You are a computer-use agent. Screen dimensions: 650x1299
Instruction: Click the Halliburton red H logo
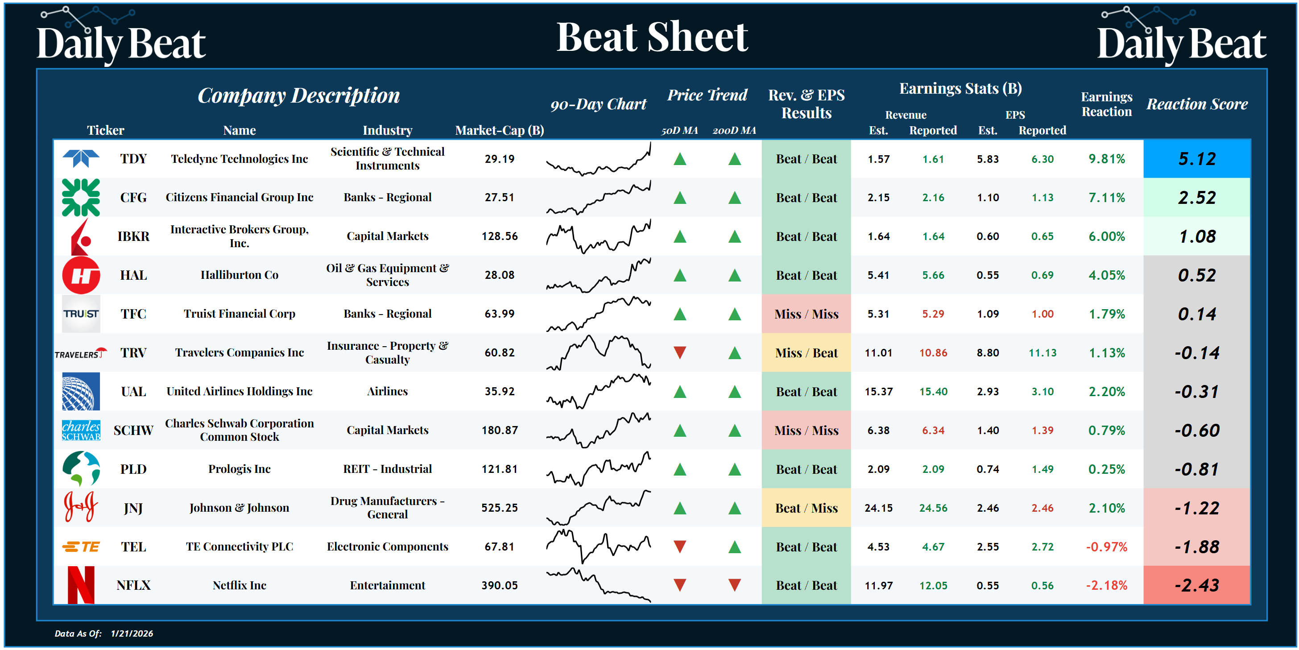(81, 275)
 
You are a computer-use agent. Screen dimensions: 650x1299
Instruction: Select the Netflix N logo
(81, 585)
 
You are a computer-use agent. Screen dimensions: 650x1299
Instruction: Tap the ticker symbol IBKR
(133, 236)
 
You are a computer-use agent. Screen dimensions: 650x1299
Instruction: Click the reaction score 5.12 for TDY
(1197, 159)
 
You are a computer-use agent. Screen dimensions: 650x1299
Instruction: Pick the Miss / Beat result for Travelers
(806, 353)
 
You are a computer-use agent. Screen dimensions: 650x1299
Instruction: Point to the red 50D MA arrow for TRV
(680, 352)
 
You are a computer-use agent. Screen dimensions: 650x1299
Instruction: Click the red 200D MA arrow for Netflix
(734, 585)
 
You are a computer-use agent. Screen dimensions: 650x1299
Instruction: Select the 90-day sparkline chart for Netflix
(598, 585)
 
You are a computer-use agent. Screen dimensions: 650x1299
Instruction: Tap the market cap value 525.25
(499, 508)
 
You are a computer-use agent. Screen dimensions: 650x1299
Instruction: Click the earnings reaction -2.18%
(1106, 585)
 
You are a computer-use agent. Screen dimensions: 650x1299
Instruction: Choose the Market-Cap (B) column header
(499, 130)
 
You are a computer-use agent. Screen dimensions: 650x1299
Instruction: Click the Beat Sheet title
(652, 37)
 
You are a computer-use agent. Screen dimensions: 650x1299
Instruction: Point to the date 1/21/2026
(132, 633)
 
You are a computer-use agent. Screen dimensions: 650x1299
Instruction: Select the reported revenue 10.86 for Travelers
(933, 353)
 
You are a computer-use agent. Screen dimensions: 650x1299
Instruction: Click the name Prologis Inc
(240, 469)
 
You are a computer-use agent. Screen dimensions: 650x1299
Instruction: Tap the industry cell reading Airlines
(387, 391)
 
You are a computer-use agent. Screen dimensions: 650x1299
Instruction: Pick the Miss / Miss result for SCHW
(806, 431)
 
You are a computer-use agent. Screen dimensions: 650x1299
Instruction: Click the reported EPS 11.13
(1043, 353)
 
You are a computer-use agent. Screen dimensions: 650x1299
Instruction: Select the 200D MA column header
(734, 131)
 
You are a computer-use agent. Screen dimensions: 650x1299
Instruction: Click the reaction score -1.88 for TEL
(1197, 546)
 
